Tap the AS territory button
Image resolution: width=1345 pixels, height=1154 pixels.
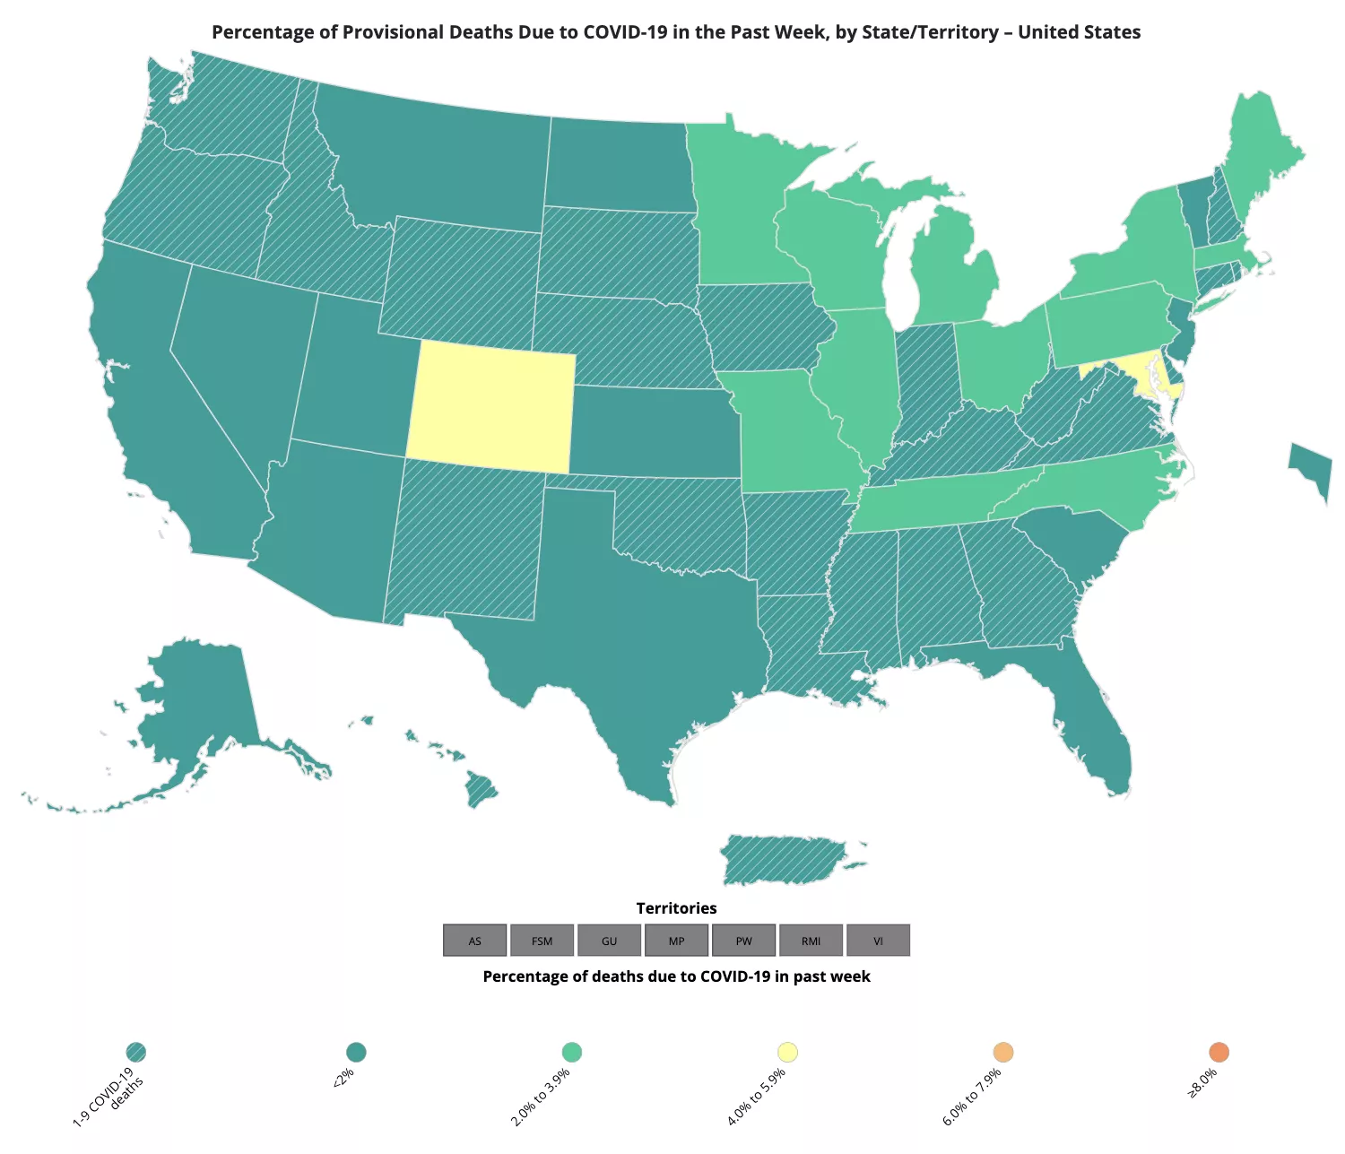(475, 941)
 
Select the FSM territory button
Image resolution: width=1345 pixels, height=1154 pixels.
(542, 941)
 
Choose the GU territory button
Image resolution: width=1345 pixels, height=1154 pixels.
(610, 941)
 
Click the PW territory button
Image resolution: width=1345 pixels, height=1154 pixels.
(743, 941)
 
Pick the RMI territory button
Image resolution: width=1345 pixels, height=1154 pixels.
(811, 941)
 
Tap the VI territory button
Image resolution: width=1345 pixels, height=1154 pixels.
(878, 941)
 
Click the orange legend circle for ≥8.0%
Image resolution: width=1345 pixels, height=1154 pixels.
(1219, 1052)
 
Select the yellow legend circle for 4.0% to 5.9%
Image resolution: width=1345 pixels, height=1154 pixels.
(787, 1052)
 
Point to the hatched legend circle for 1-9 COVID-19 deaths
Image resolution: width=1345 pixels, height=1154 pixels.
(136, 1052)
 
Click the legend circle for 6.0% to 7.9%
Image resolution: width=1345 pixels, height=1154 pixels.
(1003, 1052)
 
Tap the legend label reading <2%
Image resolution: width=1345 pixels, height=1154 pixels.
(343, 1077)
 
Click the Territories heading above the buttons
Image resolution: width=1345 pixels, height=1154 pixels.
(676, 908)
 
